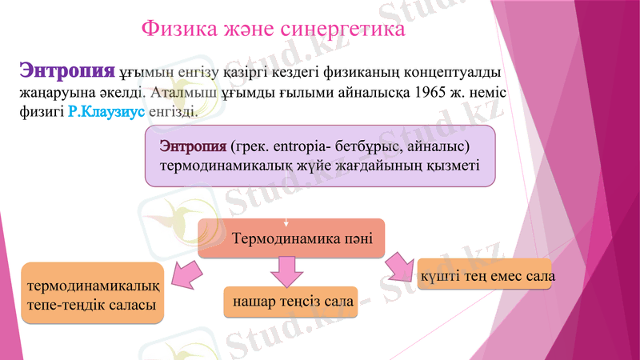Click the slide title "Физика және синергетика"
273,30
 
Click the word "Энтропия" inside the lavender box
193,147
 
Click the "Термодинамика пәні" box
291,238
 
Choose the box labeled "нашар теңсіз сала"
290,300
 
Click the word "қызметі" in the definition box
453,166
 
